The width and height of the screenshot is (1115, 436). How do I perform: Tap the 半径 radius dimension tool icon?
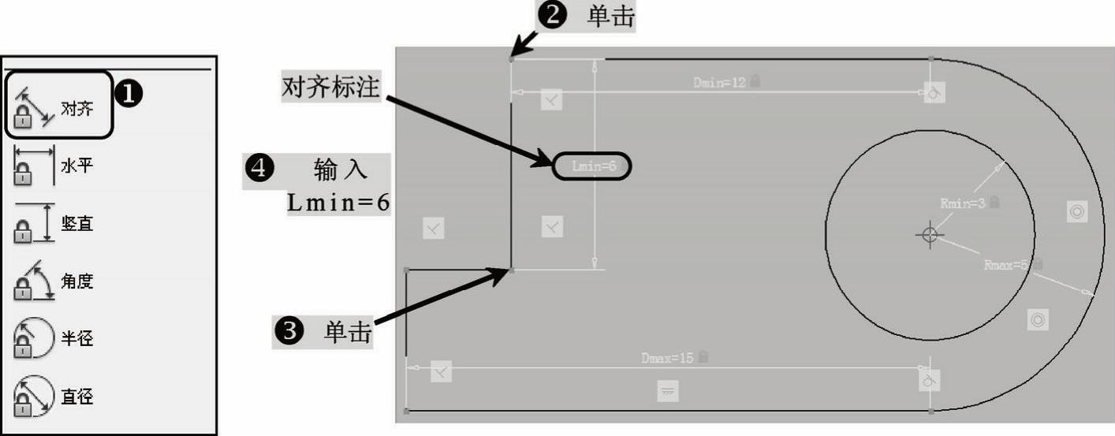(32, 338)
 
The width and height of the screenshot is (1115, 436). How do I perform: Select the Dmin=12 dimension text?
(719, 82)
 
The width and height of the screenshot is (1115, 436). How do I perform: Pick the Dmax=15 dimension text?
(667, 359)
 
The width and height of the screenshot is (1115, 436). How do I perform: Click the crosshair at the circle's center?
(930, 234)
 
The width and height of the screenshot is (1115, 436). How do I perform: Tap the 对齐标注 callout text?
(331, 88)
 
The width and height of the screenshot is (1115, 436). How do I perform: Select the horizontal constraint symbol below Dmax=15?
(669, 391)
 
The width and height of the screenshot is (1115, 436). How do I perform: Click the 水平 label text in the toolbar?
(76, 166)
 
